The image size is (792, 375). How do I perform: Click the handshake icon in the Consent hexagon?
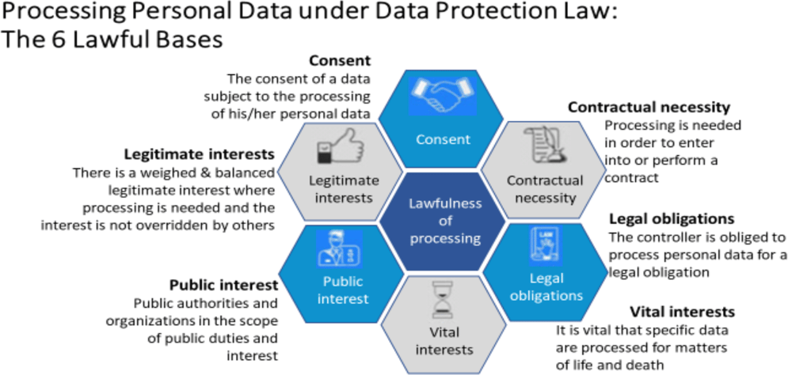pos(443,94)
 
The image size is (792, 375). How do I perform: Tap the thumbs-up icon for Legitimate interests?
pos(340,146)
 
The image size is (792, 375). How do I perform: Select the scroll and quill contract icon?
pos(545,146)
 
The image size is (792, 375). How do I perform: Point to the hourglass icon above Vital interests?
pos(442,301)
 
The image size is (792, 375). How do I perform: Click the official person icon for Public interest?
pos(339,249)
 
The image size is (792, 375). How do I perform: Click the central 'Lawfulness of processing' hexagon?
pos(443,221)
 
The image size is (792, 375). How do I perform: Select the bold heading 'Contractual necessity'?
pos(649,107)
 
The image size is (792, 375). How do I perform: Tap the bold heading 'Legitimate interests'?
pos(200,153)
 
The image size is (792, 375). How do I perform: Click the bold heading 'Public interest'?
pos(224,285)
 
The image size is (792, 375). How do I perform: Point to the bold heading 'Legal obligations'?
pos(672,219)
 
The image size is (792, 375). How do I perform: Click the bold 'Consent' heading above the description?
pos(340,61)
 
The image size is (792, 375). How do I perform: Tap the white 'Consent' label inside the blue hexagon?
pos(443,138)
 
